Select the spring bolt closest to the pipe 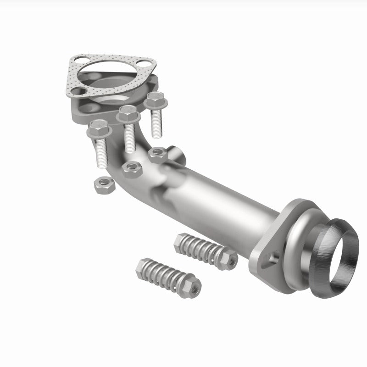(206, 250)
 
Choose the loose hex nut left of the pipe (100, 185)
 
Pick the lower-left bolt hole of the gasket (76, 91)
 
